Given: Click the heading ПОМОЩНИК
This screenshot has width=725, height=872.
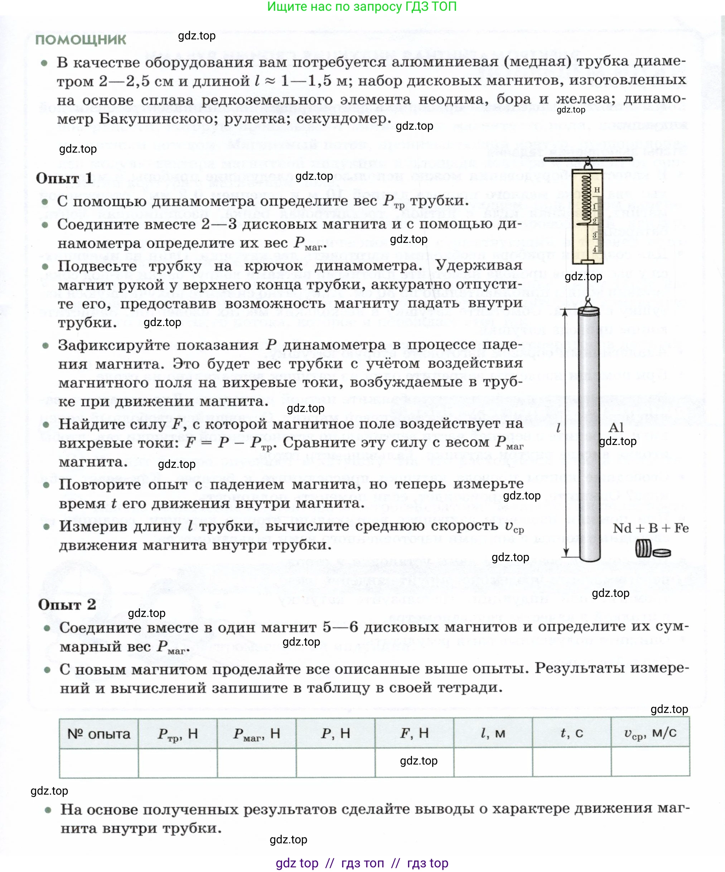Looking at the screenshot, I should [81, 40].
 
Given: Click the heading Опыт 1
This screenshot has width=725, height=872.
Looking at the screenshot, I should [64, 178].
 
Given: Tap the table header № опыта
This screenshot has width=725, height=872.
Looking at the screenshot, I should [99, 734].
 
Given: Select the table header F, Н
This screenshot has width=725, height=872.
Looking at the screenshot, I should [414, 733].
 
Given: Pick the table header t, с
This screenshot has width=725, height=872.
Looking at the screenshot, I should [571, 733].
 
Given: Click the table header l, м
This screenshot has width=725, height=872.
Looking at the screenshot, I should [493, 733].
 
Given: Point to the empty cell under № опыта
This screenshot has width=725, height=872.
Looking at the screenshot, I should [99, 762].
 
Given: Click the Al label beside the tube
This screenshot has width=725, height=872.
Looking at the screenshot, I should [616, 427].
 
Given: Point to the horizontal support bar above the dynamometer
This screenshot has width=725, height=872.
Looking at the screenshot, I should [588, 159].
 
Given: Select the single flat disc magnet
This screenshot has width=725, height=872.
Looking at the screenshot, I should [662, 553].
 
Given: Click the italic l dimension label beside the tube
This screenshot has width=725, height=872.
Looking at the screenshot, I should [559, 427].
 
